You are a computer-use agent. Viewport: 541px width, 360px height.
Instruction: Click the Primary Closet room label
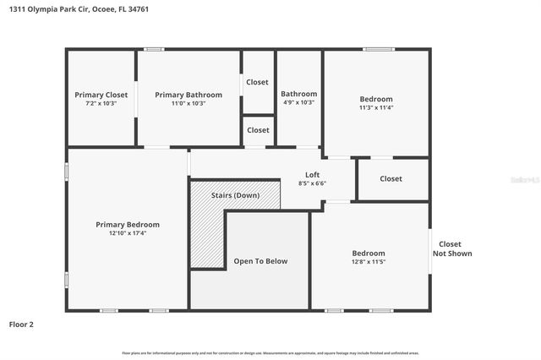[101, 95]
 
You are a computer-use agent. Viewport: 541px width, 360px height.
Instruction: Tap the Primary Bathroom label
[189, 95]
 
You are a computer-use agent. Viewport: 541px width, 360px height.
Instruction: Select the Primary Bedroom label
[127, 225]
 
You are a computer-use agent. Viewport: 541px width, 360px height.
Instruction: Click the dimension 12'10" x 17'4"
[127, 233]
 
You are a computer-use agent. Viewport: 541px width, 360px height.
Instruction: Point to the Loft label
[312, 175]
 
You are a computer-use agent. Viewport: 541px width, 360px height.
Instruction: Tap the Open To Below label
[260, 261]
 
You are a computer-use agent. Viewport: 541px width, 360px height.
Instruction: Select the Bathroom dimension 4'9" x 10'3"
[298, 102]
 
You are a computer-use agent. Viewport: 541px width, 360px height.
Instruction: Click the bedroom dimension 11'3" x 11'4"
[376, 107]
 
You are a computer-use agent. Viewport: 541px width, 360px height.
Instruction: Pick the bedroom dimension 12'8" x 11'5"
[369, 262]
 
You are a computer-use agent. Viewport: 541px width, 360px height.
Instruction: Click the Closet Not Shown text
[452, 248]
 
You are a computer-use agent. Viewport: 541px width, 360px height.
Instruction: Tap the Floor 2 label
[21, 324]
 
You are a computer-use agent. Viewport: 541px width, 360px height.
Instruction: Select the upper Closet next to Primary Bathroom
[258, 82]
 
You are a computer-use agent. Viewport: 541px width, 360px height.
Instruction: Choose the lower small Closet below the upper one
[258, 130]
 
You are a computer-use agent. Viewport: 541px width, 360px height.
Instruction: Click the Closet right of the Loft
[391, 178]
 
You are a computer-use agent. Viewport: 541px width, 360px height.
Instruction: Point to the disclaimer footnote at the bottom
[270, 353]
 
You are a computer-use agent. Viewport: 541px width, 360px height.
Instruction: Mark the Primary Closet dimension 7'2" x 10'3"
[101, 103]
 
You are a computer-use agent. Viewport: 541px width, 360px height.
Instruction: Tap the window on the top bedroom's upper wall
[379, 49]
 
